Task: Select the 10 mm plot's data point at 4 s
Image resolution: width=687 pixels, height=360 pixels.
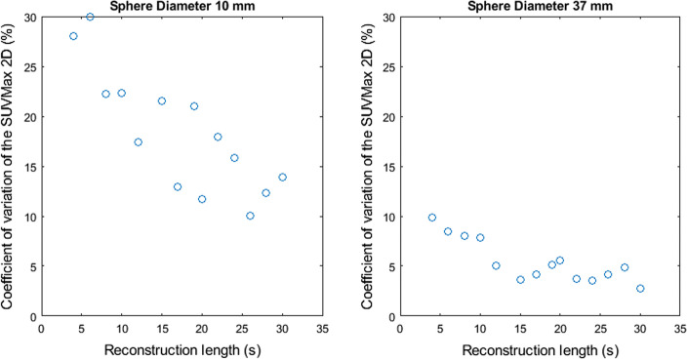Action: (73, 36)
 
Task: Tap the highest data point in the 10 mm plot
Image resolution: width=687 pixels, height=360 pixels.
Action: (90, 17)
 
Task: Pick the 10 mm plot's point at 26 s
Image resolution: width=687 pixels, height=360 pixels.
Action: (250, 216)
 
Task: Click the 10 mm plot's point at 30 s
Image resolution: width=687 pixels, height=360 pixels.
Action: (282, 177)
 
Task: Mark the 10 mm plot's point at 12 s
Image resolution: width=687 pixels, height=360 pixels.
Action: (138, 141)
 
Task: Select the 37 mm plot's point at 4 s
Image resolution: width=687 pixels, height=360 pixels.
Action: (431, 218)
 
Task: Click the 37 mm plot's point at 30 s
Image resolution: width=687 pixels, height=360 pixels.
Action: (640, 289)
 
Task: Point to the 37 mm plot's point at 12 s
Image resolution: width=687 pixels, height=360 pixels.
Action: (496, 265)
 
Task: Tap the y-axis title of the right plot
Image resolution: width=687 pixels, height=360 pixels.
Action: (368, 166)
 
